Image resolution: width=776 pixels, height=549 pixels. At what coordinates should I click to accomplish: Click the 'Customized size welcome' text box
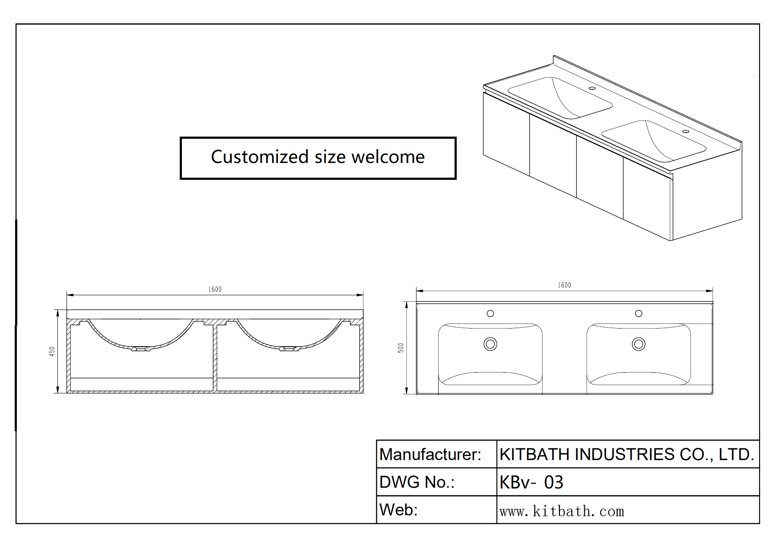(318, 158)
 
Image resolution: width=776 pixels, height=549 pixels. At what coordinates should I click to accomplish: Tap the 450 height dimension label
(52, 351)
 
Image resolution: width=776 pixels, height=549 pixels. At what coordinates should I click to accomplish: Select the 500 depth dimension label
(401, 348)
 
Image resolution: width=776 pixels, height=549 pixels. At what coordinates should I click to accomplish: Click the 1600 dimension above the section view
(215, 289)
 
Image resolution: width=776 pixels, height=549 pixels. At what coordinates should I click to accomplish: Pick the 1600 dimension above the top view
(564, 285)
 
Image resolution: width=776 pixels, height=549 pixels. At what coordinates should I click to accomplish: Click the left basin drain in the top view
(490, 344)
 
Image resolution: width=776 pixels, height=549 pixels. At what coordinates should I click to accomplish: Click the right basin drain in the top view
(639, 344)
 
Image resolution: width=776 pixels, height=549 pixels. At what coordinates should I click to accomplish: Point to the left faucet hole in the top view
(490, 313)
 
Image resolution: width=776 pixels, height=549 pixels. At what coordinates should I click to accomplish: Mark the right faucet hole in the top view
(639, 313)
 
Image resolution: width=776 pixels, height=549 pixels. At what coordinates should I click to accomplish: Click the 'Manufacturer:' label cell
(430, 454)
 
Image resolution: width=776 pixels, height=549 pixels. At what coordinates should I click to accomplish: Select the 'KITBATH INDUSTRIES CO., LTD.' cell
(627, 454)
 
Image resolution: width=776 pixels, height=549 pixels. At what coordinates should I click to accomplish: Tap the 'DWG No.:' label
(417, 482)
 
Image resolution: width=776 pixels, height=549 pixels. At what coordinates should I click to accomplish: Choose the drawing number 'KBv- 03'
(531, 482)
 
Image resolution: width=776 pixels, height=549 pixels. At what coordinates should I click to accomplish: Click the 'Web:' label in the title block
(398, 510)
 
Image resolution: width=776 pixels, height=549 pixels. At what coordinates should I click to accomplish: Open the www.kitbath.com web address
(562, 511)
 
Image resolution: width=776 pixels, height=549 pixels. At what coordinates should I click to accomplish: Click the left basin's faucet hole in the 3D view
(592, 88)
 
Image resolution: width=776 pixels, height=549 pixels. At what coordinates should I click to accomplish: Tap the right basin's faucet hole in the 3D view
(686, 131)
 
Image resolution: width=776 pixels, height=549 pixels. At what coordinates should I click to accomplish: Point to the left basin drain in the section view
(140, 348)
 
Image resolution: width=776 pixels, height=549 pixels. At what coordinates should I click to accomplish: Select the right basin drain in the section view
(288, 348)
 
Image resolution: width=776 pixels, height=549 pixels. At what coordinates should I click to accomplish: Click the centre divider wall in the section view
(215, 357)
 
